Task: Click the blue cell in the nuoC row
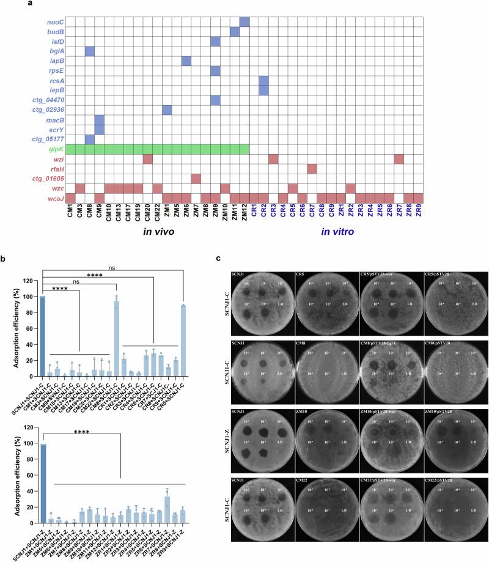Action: point(244,22)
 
